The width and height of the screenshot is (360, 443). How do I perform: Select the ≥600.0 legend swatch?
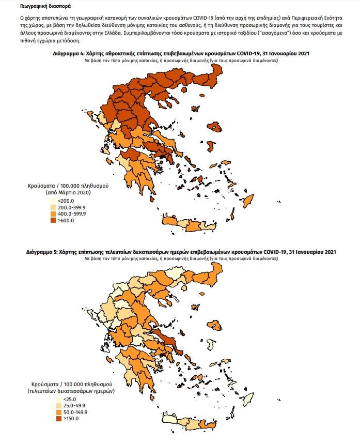53,220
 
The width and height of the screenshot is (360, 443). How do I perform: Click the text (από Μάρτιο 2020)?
68,192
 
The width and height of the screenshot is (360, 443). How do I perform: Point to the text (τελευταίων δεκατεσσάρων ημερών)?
71,391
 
